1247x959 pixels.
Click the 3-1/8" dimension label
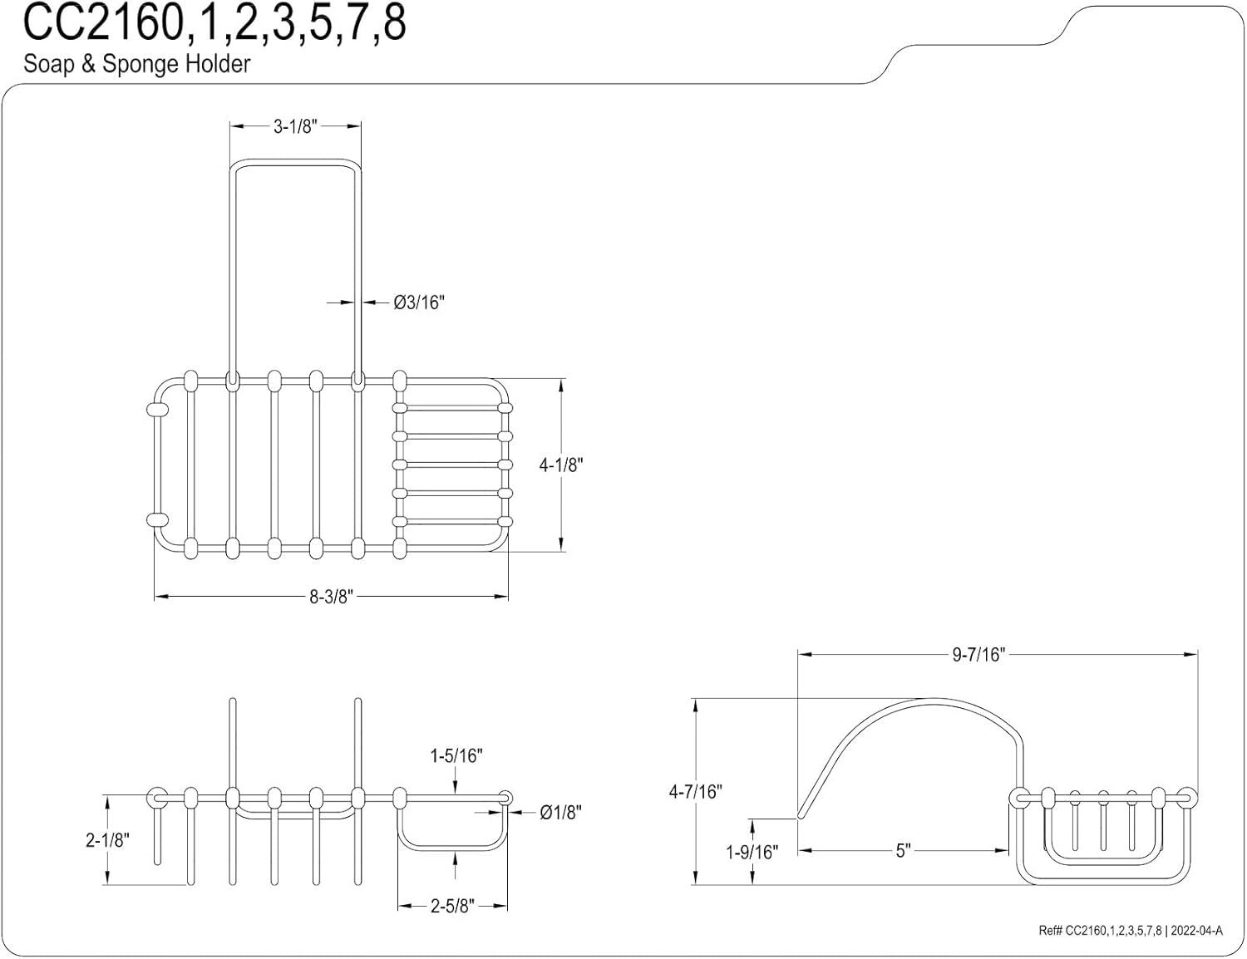[x=295, y=127]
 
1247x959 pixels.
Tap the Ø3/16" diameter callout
[x=419, y=302]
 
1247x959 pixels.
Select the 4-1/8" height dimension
[x=560, y=465]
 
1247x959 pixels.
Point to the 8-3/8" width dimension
[x=331, y=597]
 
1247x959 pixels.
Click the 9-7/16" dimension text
[x=979, y=655]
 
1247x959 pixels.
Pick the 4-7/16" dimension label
[x=695, y=792]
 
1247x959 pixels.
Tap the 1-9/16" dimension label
[x=752, y=853]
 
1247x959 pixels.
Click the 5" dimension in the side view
[x=904, y=851]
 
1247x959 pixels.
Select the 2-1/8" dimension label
[x=107, y=840]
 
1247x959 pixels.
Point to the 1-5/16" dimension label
[x=456, y=756]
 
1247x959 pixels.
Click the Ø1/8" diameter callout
[x=560, y=812]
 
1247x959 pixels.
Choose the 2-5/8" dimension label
[x=452, y=907]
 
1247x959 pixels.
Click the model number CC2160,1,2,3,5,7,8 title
[x=214, y=23]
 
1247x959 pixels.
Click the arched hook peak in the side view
[x=933, y=699]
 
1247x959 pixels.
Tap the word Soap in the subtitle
[x=49, y=64]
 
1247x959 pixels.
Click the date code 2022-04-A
[x=1196, y=931]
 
